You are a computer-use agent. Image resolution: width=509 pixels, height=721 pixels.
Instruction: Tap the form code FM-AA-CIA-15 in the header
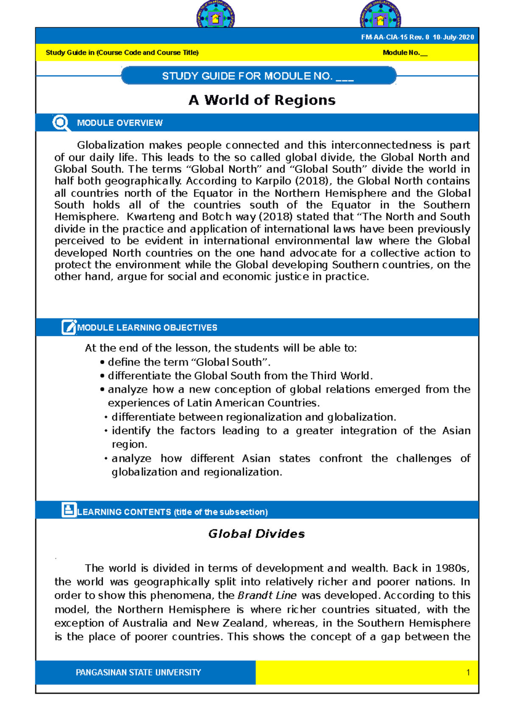pos(384,37)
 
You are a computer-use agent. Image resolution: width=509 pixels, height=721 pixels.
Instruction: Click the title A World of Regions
pos(262,100)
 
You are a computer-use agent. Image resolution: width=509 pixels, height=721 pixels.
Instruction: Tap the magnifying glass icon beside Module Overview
pos(61,123)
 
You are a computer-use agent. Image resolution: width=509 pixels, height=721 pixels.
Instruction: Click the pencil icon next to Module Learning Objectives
pos(69,327)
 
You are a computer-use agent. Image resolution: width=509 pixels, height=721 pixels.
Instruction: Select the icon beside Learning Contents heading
pos(69,510)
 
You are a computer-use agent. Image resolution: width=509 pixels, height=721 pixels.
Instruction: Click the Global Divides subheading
pos(256,534)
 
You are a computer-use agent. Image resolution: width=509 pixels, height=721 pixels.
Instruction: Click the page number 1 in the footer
pos(468,672)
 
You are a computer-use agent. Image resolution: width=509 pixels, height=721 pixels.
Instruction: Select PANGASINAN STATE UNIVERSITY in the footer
pos(138,672)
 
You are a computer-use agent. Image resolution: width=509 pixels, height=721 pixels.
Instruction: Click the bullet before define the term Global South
pos(102,362)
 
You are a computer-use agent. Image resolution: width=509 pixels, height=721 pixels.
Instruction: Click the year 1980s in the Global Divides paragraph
pos(453,568)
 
